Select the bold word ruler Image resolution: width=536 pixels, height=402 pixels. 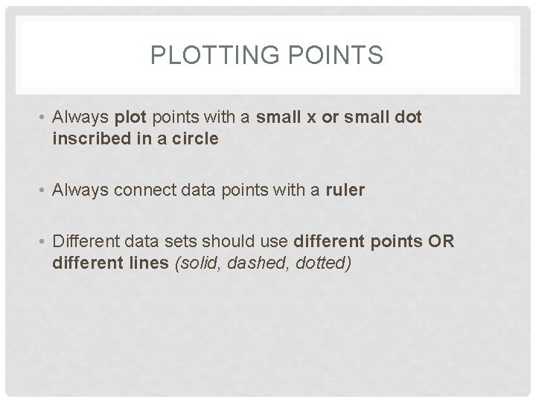pyautogui.click(x=345, y=191)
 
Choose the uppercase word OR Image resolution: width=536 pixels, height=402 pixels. pyautogui.click(x=444, y=241)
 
